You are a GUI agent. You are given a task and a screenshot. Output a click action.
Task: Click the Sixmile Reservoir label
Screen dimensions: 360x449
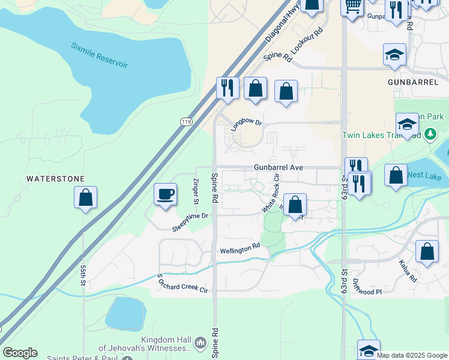click(99, 55)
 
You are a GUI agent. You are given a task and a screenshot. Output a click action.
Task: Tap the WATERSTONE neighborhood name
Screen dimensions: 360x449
click(56, 179)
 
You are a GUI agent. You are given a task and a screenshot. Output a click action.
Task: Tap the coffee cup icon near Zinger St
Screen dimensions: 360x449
click(165, 194)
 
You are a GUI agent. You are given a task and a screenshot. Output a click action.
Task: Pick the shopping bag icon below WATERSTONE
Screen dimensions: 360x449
click(85, 197)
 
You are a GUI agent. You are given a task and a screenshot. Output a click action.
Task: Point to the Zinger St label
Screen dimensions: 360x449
click(195, 190)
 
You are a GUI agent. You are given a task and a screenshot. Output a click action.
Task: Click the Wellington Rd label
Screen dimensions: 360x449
click(240, 248)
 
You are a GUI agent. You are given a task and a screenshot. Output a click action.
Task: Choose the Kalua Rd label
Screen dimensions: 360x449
click(407, 271)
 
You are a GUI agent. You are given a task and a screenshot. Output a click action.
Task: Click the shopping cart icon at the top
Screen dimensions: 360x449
click(352, 6)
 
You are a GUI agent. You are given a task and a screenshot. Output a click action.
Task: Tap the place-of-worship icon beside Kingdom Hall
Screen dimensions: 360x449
click(200, 343)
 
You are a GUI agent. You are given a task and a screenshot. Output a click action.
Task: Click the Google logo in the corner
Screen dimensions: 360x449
click(20, 353)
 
